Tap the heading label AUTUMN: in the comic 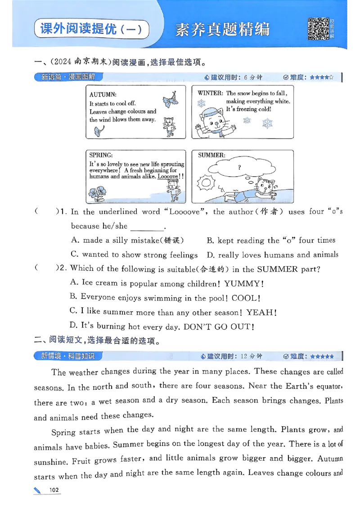[103, 95]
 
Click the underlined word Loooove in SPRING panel [168, 177]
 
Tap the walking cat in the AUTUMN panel [169, 126]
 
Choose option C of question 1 [134, 255]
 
